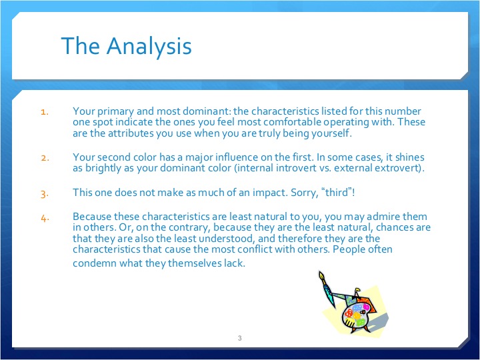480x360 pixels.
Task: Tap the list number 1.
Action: tap(44, 112)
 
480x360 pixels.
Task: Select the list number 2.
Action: tap(44, 158)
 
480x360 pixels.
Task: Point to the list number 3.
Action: tap(44, 194)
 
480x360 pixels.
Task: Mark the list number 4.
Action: tap(44, 217)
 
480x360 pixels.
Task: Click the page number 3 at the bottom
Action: tap(239, 339)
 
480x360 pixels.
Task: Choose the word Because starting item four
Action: tap(93, 217)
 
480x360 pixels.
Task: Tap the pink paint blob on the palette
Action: tap(365, 307)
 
